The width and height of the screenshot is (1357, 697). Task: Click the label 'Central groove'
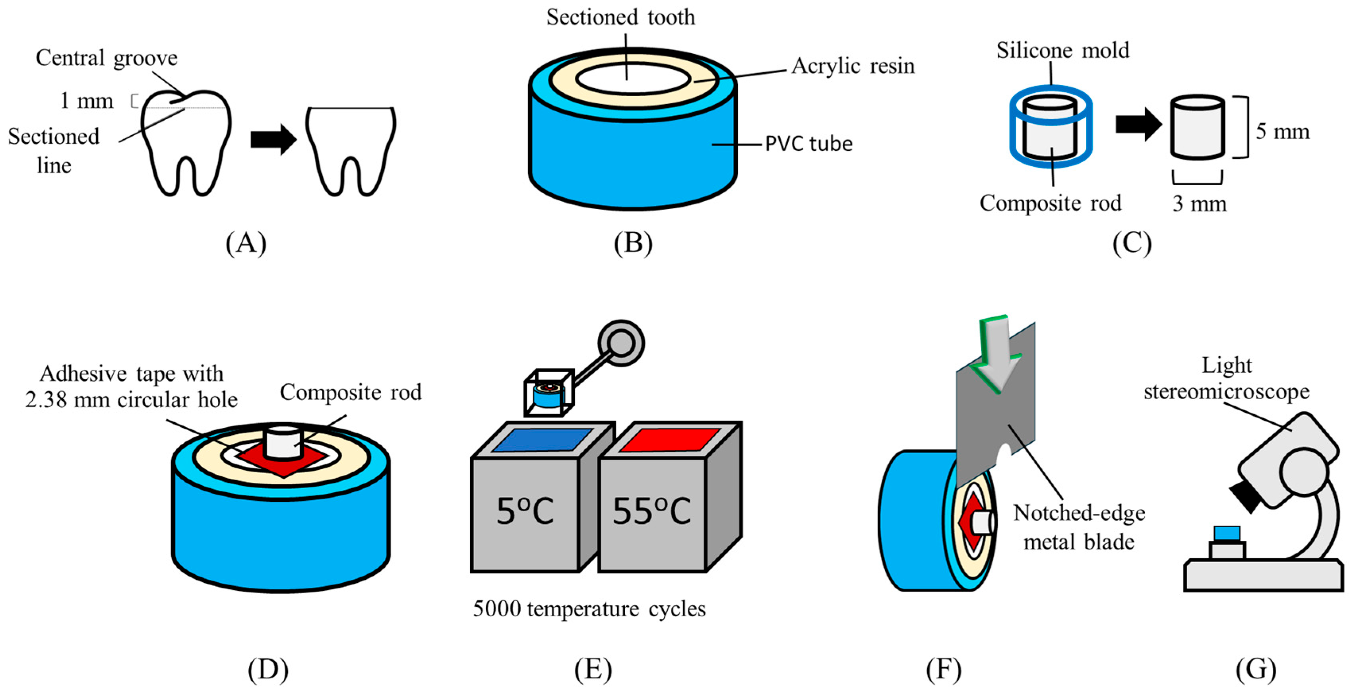coord(107,58)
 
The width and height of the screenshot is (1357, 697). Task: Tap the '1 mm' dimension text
coord(87,101)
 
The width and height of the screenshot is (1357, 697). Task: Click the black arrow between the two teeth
coord(274,140)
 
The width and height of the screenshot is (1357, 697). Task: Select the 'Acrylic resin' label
coord(853,66)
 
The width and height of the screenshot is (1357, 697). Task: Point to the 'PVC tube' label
coord(808,144)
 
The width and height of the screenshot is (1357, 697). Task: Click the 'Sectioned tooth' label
coord(620,17)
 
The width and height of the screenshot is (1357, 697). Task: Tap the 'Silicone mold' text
coord(1062,50)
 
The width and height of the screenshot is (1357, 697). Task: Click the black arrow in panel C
coord(1138,124)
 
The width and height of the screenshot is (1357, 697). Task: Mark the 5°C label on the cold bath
coord(525,511)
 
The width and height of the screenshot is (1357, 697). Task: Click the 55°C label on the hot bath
coord(651,511)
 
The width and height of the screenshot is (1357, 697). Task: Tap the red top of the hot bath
coord(669,440)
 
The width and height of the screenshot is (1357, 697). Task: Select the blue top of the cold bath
coord(542,440)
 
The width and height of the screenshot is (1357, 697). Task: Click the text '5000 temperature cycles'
coord(589,609)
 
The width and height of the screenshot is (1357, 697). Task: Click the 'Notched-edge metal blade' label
coord(1079,527)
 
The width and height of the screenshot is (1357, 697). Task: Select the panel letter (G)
coord(1256,670)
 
